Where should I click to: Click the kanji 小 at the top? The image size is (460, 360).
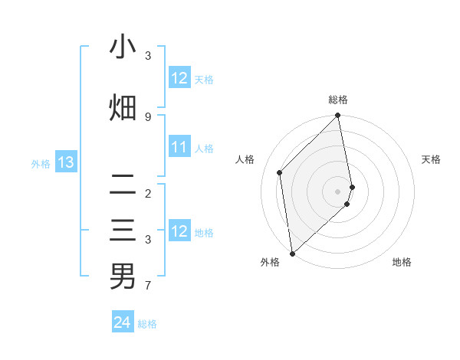click(123, 47)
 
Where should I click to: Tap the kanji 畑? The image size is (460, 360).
click(123, 107)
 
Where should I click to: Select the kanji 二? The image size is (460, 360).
click(123, 184)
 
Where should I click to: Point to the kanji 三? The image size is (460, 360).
click(123, 231)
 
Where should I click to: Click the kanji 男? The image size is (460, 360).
click(123, 276)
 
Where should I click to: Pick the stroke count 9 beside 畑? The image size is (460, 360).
click(148, 116)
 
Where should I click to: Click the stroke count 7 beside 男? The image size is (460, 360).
click(148, 286)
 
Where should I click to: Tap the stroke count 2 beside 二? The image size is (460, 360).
click(148, 193)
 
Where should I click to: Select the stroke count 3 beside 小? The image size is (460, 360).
click(148, 56)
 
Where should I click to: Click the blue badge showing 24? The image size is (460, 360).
click(122, 323)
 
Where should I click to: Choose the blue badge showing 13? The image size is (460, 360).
click(65, 162)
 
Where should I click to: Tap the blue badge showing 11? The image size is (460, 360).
click(179, 148)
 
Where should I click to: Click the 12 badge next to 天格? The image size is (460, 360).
click(179, 78)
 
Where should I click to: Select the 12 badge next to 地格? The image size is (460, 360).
click(179, 232)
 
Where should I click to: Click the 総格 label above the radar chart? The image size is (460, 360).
click(338, 100)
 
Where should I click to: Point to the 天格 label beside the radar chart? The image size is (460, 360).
click(431, 159)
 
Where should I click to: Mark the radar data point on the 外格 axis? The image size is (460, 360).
click(292, 254)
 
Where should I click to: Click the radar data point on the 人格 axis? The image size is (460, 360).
click(280, 172)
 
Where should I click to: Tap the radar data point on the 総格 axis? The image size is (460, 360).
click(338, 116)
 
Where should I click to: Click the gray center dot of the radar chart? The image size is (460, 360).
click(338, 191)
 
